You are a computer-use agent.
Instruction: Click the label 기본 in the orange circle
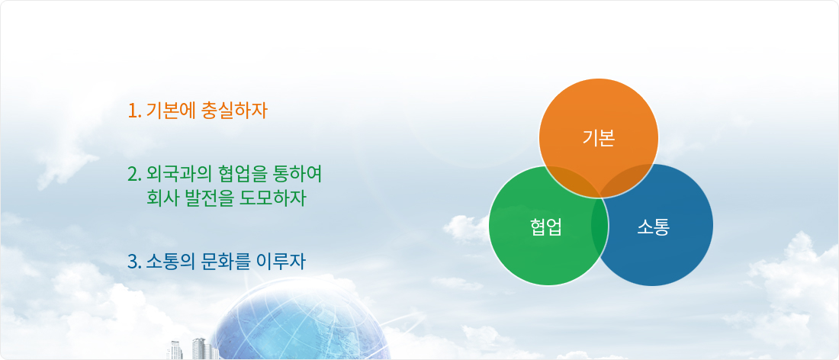pyautogui.click(x=599, y=139)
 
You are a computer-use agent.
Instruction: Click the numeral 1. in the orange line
pyautogui.click(x=134, y=111)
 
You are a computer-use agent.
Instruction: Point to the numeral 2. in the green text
pyautogui.click(x=135, y=174)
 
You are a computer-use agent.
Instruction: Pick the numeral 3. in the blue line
pyautogui.click(x=135, y=262)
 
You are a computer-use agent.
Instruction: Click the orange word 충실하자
pyautogui.click(x=234, y=111)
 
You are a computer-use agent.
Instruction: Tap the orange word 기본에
pyautogui.click(x=170, y=111)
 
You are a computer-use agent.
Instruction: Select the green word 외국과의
pyautogui.click(x=178, y=174)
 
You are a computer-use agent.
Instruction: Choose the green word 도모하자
pyautogui.click(x=274, y=198)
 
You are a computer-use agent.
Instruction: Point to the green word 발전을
pyautogui.click(x=210, y=198)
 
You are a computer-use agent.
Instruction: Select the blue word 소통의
pyautogui.click(x=170, y=262)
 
